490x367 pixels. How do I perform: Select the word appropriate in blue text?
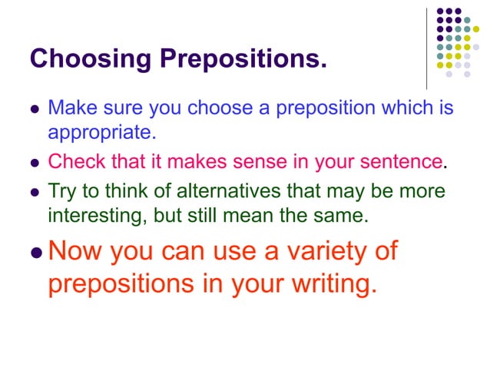tap(102, 133)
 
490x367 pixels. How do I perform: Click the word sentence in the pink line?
tap(402, 162)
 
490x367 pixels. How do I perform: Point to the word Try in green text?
tap(62, 191)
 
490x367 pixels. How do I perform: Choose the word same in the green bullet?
tap(343, 216)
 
